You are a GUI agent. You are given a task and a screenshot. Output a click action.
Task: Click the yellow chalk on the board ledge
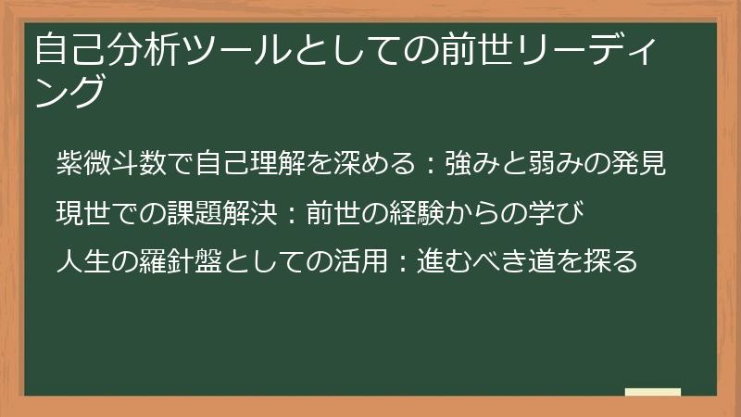pos(652,392)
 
